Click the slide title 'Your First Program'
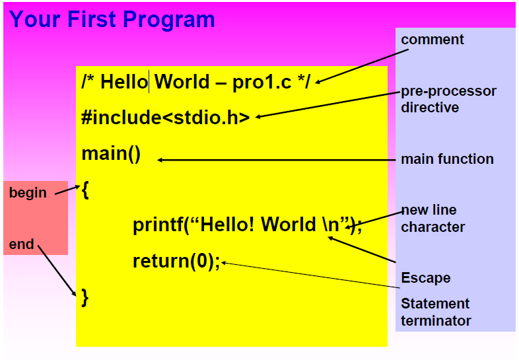click(112, 19)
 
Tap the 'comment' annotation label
click(432, 40)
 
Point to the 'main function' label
click(447, 159)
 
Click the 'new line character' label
click(433, 219)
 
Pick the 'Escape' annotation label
click(425, 277)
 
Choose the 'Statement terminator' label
click(435, 312)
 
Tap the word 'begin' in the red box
click(28, 193)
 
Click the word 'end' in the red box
click(21, 244)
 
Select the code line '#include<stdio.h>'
click(165, 118)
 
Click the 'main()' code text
click(111, 154)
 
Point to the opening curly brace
click(85, 191)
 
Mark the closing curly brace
click(85, 297)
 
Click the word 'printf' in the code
click(157, 225)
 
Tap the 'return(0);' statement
click(176, 262)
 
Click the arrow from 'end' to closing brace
click(57, 271)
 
